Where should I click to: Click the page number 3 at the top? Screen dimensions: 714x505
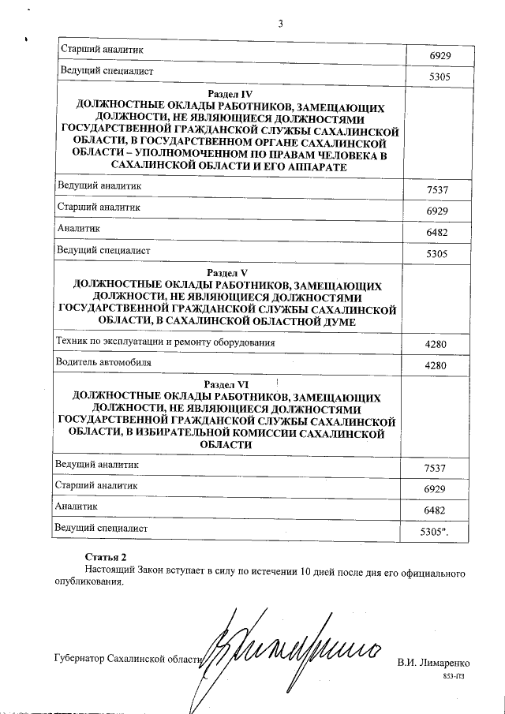[x=280, y=23]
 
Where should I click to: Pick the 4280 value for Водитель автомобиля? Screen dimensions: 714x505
[x=436, y=366]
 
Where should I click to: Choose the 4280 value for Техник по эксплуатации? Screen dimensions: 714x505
[x=436, y=346]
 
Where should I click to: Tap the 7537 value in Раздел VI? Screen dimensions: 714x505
[x=436, y=469]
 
